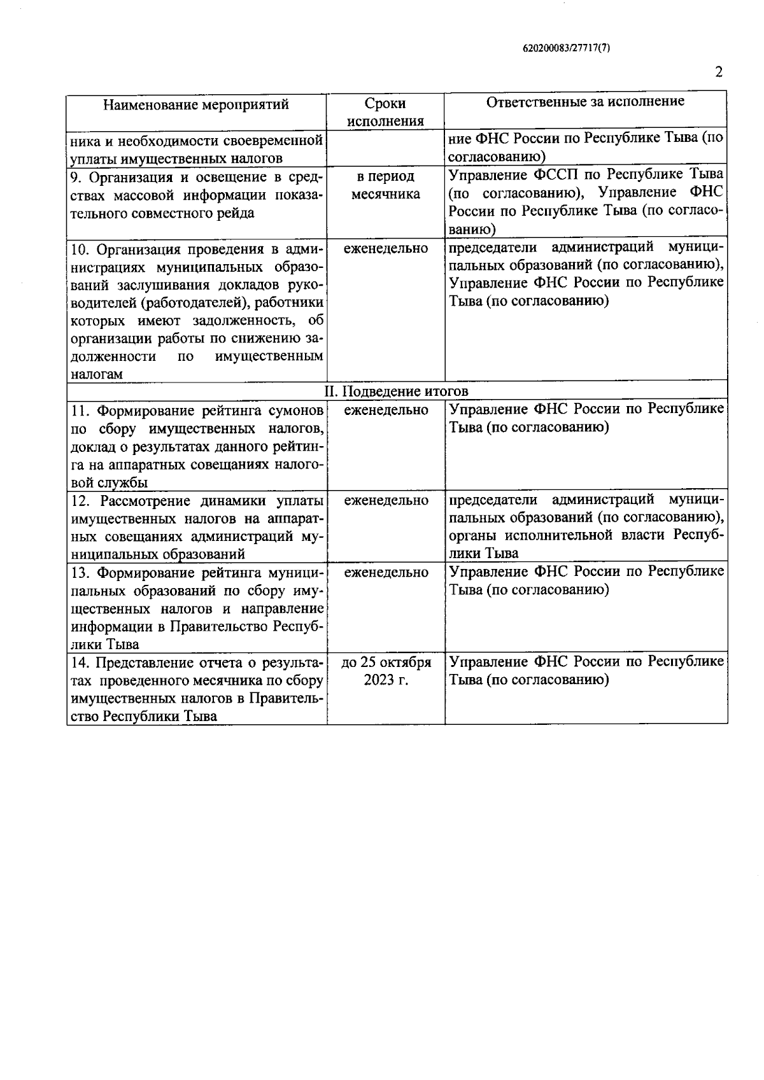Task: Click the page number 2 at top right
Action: click(x=719, y=72)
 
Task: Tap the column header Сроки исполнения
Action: click(x=386, y=112)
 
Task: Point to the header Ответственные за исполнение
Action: click(x=585, y=102)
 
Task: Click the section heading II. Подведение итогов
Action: click(x=397, y=391)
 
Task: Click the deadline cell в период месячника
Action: click(x=386, y=185)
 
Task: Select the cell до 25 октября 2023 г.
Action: click(x=386, y=671)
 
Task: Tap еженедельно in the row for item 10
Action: click(x=386, y=249)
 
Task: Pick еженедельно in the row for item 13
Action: click(x=386, y=572)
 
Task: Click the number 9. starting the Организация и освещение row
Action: click(x=76, y=176)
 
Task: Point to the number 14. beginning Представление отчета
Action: click(x=80, y=663)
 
